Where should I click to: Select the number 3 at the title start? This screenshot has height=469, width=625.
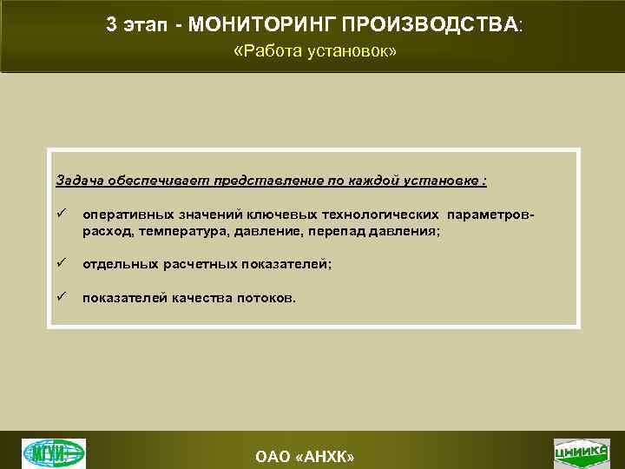pos(111,25)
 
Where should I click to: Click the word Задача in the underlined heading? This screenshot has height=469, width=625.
pos(80,181)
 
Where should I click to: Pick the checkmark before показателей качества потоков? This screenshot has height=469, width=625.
pos(61,297)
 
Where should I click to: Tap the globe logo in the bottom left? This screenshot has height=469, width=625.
pos(54,452)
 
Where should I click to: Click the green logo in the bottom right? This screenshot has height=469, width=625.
pos(580,452)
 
